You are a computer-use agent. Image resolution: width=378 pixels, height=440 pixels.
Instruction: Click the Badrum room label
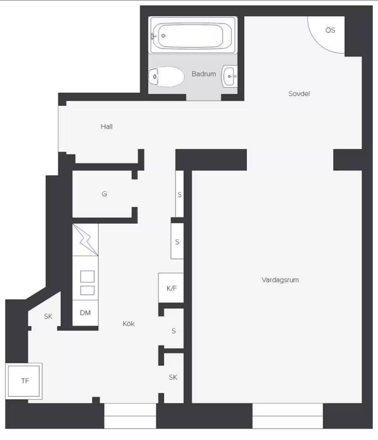coord(204,74)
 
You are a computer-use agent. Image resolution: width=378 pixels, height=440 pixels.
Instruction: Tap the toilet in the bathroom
coord(166,76)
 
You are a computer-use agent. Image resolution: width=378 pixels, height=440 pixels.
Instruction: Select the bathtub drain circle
coord(163,36)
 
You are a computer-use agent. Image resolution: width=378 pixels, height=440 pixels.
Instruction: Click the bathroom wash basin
coord(230,76)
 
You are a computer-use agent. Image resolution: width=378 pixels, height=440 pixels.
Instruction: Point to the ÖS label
coord(330,30)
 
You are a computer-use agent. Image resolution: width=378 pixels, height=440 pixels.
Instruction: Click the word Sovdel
coord(299,94)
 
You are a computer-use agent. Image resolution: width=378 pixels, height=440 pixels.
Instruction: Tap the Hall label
coord(106,126)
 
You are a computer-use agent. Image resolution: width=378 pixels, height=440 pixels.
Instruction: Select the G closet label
coord(104,194)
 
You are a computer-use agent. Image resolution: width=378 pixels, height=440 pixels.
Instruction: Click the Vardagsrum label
coord(280,280)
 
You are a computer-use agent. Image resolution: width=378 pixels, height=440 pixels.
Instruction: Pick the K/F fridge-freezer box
coord(171,288)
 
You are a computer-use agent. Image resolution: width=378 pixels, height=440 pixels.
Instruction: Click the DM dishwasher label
coord(85,313)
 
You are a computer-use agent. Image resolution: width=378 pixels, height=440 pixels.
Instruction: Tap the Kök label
coord(129,324)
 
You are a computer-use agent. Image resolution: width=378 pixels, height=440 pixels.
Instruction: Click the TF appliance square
coord(24,381)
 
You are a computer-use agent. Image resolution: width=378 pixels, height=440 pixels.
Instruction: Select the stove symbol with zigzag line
coord(85,240)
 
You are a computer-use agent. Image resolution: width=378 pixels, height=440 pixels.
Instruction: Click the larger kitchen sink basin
coord(87,277)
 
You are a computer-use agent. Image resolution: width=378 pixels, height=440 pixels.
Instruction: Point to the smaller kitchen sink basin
coord(87,290)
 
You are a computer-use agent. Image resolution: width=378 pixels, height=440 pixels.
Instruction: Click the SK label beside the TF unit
coord(48,316)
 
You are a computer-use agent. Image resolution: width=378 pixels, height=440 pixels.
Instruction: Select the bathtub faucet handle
coord(153,36)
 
